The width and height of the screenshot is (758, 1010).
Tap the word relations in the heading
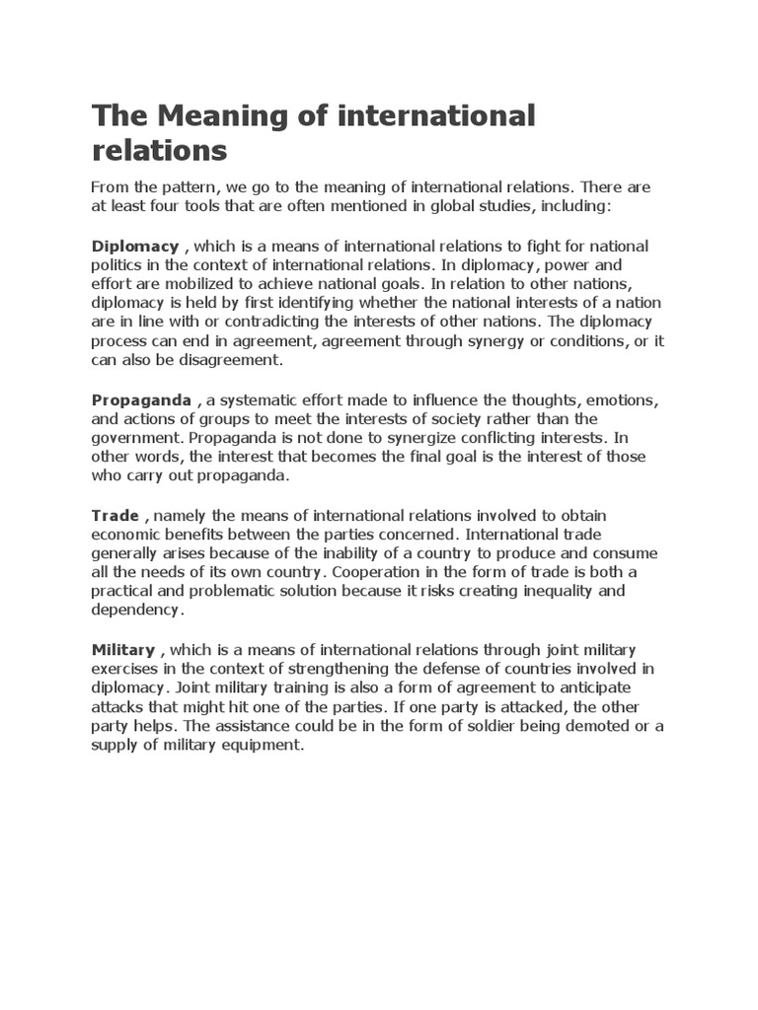(159, 151)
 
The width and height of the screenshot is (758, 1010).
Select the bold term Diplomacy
(135, 246)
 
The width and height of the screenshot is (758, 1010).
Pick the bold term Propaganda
(142, 399)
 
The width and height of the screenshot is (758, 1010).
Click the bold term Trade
(115, 516)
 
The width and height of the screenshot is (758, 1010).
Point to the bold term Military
(123, 650)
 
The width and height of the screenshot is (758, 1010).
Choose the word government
(136, 438)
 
